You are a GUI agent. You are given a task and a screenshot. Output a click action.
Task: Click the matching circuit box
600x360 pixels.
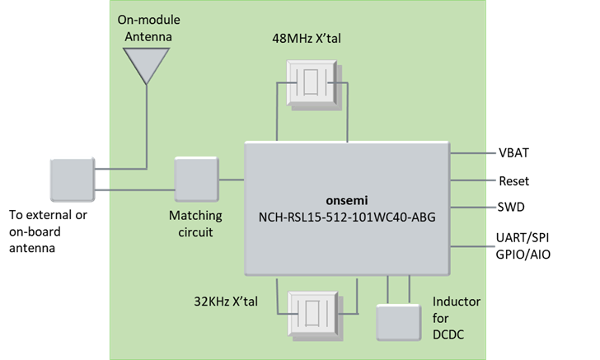196,180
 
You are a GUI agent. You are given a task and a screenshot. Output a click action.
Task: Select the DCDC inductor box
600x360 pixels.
398,322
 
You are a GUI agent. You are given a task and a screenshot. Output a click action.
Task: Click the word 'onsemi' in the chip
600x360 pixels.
346,201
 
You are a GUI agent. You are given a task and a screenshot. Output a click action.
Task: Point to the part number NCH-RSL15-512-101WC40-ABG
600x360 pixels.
346,217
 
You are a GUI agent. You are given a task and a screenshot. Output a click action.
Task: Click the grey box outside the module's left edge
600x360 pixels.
73,180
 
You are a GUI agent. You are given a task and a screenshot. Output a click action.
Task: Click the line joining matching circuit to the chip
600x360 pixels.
232,179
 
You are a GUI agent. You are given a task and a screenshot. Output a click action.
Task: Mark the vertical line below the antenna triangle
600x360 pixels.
147,124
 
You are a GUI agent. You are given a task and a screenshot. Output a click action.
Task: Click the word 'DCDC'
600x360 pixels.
451,333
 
